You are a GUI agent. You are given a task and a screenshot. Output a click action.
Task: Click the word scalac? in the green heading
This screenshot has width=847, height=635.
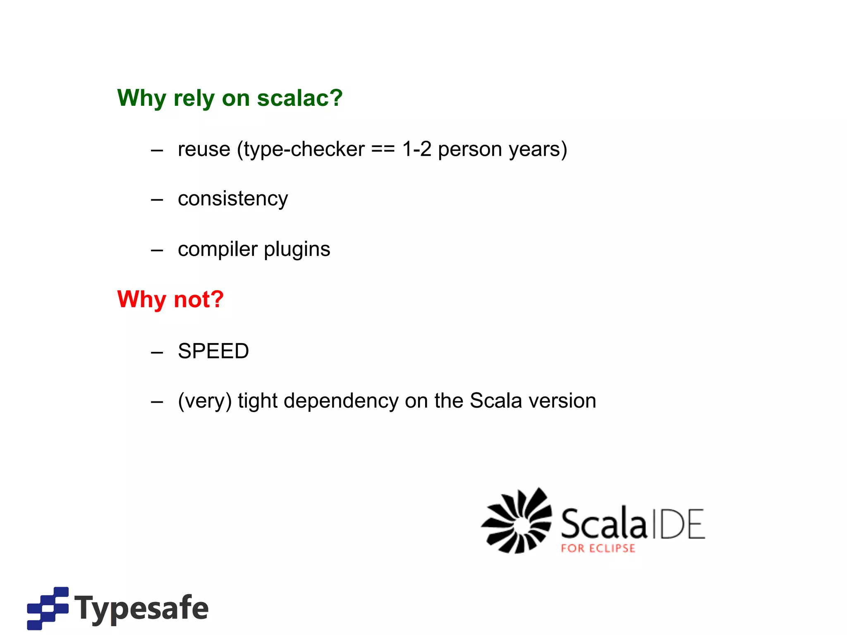click(x=299, y=98)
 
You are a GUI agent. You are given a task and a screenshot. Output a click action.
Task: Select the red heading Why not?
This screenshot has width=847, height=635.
click(x=170, y=299)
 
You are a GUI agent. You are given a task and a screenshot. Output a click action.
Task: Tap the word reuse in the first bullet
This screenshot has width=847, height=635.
click(x=204, y=149)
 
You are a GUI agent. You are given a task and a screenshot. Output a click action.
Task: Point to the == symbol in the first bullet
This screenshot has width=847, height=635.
click(x=383, y=149)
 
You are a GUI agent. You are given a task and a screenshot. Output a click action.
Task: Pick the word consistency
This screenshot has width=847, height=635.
click(x=233, y=199)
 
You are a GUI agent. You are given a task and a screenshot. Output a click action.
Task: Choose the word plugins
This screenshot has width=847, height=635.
click(x=297, y=249)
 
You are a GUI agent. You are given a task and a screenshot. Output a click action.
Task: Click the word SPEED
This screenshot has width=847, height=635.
click(x=213, y=351)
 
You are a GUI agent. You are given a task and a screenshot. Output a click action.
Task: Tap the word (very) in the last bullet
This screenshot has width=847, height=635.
click(x=205, y=401)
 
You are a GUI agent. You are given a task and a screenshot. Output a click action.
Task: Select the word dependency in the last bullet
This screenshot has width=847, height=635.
click(x=341, y=401)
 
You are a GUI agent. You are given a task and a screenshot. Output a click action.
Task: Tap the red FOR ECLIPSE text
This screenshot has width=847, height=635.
click(x=598, y=549)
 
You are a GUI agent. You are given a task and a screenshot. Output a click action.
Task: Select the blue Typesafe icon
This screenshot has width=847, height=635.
click(x=48, y=608)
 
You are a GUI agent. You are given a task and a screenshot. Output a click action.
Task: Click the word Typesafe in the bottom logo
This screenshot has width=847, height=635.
click(x=141, y=608)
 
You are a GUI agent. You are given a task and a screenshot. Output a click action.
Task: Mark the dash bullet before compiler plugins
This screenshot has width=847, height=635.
click(x=157, y=251)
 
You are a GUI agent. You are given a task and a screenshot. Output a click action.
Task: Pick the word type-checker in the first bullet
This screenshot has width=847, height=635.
click(x=304, y=149)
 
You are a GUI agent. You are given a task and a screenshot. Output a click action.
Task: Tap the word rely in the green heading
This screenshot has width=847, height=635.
click(x=194, y=98)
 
